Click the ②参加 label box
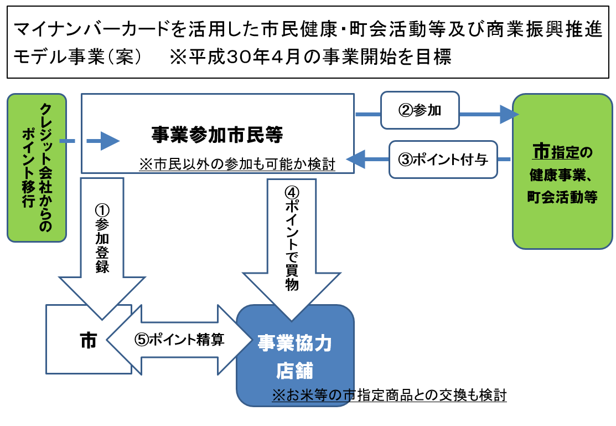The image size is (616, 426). tap(420, 110)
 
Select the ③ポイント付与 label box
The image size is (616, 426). tap(443, 160)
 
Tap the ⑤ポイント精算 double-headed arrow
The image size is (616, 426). tap(179, 340)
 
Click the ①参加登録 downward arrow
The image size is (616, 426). tap(102, 248)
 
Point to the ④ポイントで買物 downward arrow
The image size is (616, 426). tap(292, 250)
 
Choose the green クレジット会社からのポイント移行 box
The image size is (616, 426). tap(37, 167)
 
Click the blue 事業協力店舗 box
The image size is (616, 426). tap(295, 355)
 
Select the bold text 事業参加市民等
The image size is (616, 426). tap(217, 135)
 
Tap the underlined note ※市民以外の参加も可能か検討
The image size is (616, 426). tap(237, 164)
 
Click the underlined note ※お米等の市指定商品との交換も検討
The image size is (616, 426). tap(389, 394)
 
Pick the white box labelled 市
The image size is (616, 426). tap(89, 339)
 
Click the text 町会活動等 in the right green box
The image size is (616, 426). tap(562, 197)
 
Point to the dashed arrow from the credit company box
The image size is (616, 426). tap(90, 141)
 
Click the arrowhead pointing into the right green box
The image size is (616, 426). tap(510, 115)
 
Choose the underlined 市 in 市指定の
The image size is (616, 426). tap(541, 151)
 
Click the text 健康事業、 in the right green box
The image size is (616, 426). tap(561, 174)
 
